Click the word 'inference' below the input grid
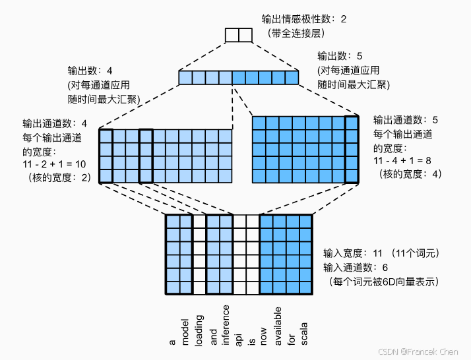(x=226, y=324)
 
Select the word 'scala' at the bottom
(x=304, y=333)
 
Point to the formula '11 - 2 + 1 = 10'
(x=54, y=162)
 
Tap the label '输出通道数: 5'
(x=406, y=120)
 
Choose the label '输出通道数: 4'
(x=55, y=123)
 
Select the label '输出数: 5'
(x=340, y=56)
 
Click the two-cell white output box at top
(x=239, y=35)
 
